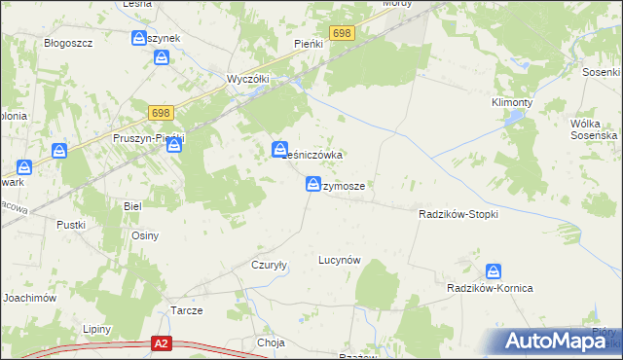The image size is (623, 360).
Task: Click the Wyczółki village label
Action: (x=246, y=79)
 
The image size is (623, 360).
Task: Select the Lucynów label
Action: (x=340, y=260)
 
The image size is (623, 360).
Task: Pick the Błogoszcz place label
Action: (x=68, y=44)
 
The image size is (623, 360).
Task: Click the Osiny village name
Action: (x=144, y=235)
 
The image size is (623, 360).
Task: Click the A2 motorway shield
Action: (x=163, y=343)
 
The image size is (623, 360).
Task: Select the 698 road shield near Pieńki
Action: (x=342, y=34)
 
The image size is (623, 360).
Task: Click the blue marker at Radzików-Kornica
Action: (x=495, y=271)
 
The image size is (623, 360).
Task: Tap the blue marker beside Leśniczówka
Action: (x=279, y=149)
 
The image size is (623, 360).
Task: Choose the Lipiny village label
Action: (x=97, y=329)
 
